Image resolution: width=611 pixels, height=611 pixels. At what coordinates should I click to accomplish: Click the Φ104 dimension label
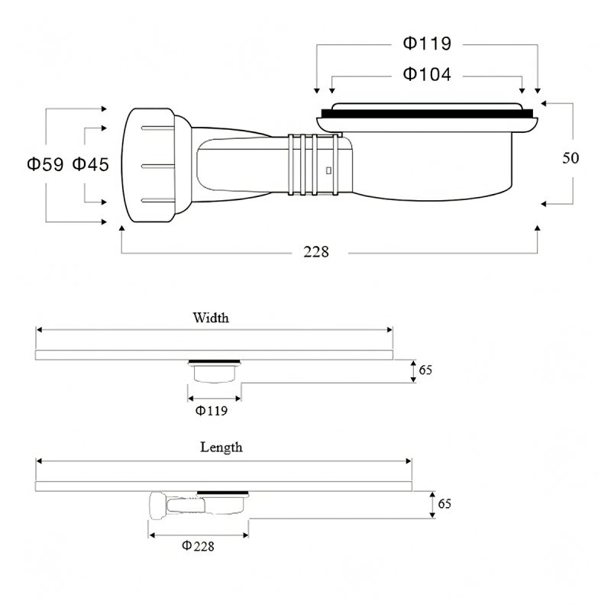[x=427, y=74]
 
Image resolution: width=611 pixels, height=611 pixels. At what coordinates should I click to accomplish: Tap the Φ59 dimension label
[x=45, y=164]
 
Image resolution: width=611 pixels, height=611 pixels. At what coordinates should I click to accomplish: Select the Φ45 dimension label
[x=90, y=164]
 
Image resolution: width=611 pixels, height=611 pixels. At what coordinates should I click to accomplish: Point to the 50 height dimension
[x=571, y=158]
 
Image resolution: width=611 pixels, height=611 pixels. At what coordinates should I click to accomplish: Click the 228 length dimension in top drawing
[x=316, y=252]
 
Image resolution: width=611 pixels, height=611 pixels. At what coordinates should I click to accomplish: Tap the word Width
[x=211, y=318]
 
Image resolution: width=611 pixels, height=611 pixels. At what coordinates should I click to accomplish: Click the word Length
[x=221, y=447]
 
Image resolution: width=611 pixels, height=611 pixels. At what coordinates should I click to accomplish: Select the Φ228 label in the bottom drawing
[x=198, y=546]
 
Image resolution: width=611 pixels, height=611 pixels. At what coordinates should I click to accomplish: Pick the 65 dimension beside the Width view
[x=425, y=370]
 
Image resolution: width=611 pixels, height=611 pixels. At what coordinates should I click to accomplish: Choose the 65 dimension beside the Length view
[x=445, y=504]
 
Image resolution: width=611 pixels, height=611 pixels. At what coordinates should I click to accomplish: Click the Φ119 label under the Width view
[x=212, y=410]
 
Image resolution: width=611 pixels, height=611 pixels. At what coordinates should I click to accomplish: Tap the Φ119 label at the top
[x=427, y=43]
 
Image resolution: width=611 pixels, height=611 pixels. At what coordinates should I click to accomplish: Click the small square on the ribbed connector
[x=328, y=170]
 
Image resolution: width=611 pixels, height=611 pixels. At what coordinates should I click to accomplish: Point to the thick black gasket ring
[x=427, y=114]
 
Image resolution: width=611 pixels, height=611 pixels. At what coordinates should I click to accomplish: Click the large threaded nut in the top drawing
[x=148, y=165]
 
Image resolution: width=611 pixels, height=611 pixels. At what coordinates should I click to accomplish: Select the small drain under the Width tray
[x=215, y=371]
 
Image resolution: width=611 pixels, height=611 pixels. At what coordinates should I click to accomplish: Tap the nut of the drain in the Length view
[x=158, y=506]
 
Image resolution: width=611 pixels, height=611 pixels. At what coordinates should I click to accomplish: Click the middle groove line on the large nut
[x=158, y=166]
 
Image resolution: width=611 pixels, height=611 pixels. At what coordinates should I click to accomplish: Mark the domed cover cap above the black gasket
[x=427, y=106]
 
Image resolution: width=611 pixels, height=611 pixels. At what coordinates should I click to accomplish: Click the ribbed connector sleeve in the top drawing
[x=314, y=164]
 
